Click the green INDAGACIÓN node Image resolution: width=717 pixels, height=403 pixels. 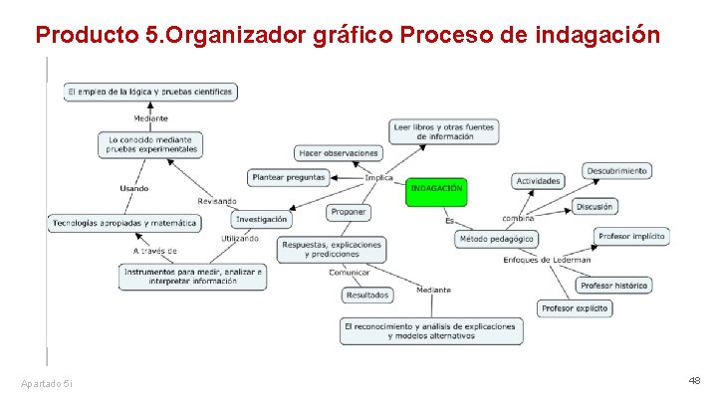click(x=435, y=190)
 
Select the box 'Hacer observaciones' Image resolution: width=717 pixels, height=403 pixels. click(x=339, y=152)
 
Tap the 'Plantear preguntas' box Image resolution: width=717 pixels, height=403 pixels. click(x=289, y=177)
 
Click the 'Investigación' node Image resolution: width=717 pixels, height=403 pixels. click(x=262, y=219)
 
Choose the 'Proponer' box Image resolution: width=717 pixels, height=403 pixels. click(x=349, y=212)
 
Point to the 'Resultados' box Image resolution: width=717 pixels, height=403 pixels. click(x=367, y=295)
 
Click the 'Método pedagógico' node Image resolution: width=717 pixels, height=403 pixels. click(x=497, y=239)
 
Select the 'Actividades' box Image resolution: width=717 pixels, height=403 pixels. click(x=538, y=181)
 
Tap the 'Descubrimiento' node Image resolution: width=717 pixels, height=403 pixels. click(x=617, y=171)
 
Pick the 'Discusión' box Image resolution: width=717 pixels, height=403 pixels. click(x=595, y=207)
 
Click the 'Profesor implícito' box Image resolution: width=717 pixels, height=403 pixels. click(x=631, y=237)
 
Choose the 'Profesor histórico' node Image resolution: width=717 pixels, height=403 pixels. click(x=614, y=286)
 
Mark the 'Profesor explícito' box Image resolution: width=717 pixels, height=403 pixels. click(x=575, y=309)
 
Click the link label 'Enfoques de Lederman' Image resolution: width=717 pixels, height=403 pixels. click(x=547, y=260)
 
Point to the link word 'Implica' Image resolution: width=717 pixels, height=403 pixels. click(x=379, y=178)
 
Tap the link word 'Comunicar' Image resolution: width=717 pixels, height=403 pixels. click(x=350, y=272)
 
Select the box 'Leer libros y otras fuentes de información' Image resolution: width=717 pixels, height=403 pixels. click(x=444, y=131)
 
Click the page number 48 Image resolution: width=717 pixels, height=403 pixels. click(x=694, y=381)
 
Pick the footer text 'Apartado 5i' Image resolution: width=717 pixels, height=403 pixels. click(x=46, y=383)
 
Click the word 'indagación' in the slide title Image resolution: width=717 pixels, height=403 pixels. click(x=597, y=36)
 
